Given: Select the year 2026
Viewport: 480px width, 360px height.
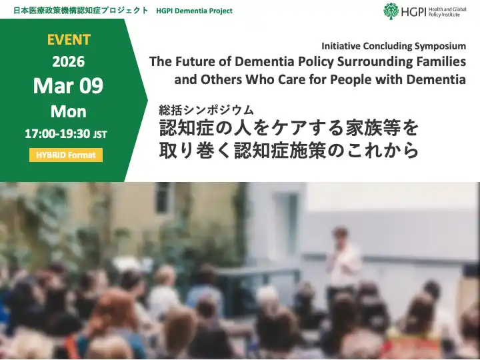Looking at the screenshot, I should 68,61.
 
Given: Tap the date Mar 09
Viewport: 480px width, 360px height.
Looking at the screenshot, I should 68,86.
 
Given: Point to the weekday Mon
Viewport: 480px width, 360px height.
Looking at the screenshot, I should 68,111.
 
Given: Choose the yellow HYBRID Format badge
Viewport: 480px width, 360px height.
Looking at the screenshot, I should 65,155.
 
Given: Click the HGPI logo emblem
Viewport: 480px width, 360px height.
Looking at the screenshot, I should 391,11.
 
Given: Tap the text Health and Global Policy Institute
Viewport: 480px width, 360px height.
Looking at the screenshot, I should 452,11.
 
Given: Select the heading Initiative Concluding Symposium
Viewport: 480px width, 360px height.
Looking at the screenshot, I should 393,46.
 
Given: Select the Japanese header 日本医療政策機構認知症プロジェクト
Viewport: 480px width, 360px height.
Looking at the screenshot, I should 75,11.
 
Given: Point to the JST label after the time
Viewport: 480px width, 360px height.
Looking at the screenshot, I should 100,134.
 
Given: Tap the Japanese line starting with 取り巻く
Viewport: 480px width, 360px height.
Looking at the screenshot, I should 289,150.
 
